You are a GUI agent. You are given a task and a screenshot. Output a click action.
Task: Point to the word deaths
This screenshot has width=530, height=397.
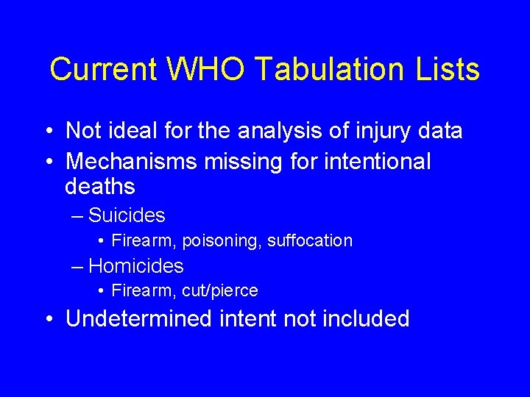point(100,187)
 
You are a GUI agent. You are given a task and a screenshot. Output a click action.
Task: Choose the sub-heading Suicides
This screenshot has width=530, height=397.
point(127,215)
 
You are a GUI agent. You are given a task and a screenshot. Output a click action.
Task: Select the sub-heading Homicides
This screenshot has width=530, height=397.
point(135,265)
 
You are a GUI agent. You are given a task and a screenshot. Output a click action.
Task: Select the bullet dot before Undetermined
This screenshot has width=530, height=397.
point(48,319)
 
